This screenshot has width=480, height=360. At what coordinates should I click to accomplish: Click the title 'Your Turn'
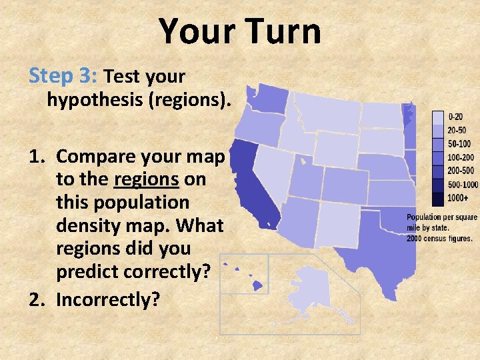coord(240,31)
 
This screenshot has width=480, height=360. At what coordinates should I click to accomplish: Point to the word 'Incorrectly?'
coord(108,299)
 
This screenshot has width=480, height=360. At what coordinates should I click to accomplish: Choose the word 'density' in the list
coord(89,225)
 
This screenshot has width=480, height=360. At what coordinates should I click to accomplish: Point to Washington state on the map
coord(267,100)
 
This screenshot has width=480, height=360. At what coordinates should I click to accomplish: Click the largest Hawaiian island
coord(257,285)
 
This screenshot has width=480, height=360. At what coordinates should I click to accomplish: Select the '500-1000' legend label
coord(462,185)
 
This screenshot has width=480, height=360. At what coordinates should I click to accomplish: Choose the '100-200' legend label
coord(460,157)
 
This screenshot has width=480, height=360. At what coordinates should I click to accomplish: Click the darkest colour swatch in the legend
coord(438,198)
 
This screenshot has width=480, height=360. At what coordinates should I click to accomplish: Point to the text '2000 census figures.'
coord(439,238)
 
